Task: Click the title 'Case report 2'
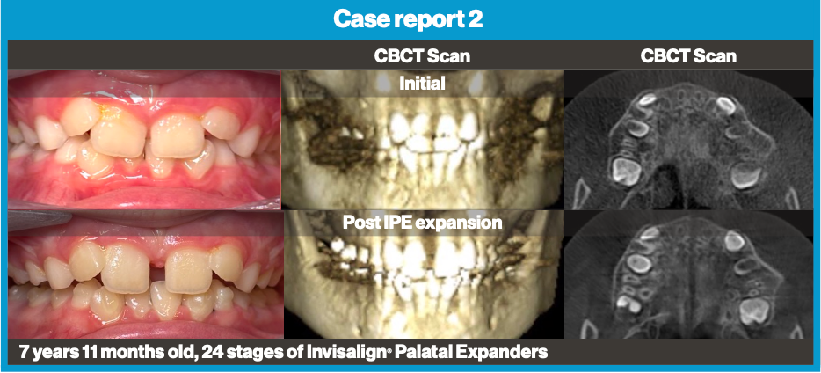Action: [410, 19]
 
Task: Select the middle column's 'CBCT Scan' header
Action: [421, 56]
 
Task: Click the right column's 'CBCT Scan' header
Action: [688, 56]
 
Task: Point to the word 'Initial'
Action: [422, 84]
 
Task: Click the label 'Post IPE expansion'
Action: [422, 223]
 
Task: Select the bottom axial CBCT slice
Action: [688, 277]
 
